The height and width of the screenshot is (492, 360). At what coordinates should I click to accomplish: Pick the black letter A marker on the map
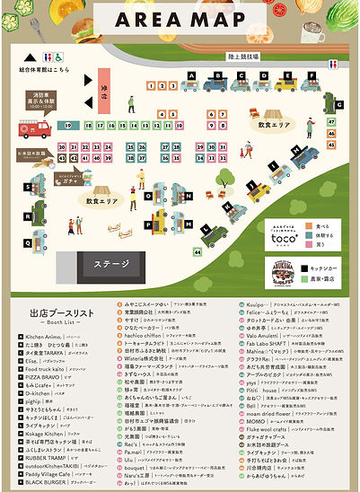pyautogui.click(x=191, y=75)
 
